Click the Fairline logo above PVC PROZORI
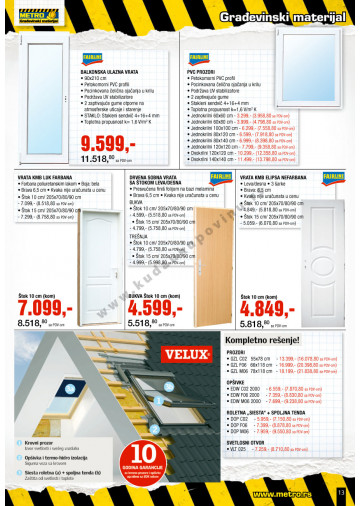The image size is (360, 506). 198,63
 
